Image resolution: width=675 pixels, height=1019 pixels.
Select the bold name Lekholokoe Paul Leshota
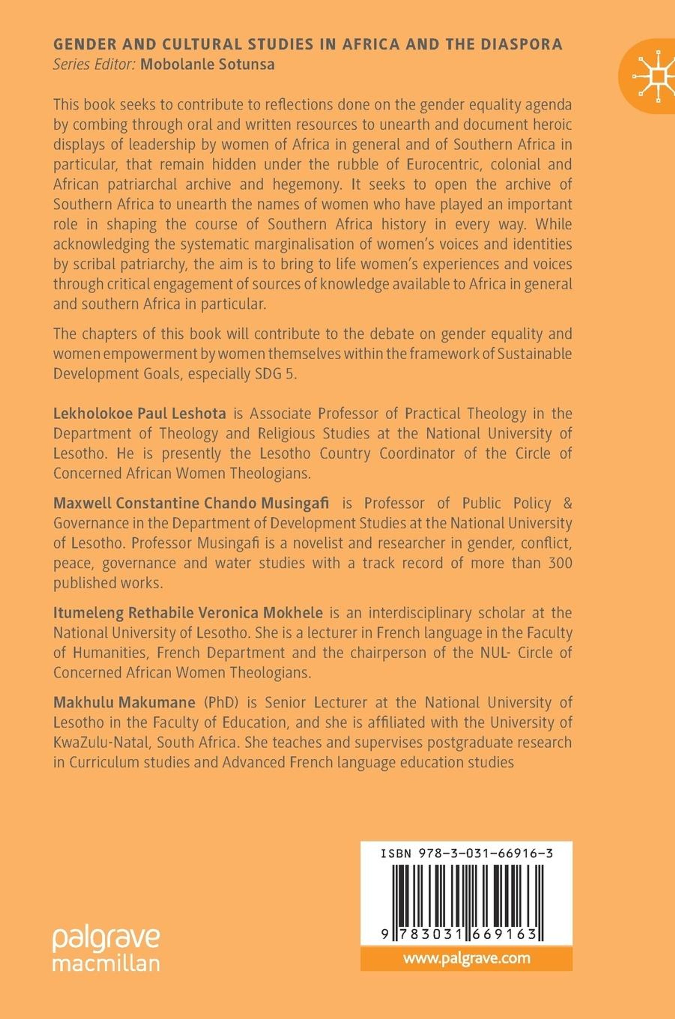point(139,414)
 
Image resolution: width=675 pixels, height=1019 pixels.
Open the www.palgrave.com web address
point(467,958)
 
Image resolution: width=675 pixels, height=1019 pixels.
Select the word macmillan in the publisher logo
point(106,964)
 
